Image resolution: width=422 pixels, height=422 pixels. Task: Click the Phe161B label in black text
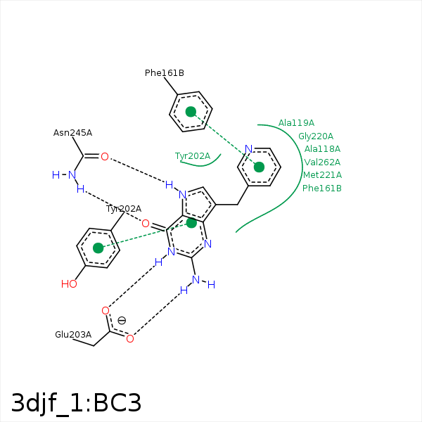[x=165, y=73]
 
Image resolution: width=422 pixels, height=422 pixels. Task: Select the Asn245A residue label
[x=72, y=133]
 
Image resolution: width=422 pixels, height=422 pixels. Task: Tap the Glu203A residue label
[x=73, y=335]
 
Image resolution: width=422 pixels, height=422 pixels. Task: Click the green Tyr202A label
[x=193, y=156]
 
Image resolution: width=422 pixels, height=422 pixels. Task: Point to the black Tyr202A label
[x=124, y=209]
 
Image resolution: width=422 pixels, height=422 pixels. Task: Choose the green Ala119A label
[x=296, y=123]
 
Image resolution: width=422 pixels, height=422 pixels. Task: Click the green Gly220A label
[x=316, y=136]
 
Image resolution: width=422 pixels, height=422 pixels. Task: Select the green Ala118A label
[x=322, y=149]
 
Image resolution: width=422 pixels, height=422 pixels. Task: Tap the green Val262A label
[x=322, y=162]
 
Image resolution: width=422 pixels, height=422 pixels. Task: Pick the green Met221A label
[x=322, y=175]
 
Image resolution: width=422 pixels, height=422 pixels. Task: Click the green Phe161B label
[x=322, y=188]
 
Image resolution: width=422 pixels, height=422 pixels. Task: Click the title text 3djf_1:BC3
[x=76, y=403]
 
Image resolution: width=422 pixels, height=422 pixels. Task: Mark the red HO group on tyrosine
[x=69, y=284]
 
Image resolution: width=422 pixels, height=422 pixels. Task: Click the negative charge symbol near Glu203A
[x=122, y=321]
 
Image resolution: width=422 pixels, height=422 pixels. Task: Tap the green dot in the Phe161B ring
[x=191, y=112]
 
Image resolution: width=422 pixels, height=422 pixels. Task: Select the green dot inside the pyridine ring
[x=259, y=167]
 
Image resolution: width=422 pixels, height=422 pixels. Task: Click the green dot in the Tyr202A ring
[x=98, y=248]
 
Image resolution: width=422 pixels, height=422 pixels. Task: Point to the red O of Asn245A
[x=104, y=157]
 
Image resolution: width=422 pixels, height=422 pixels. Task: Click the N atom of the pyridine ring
[x=248, y=149]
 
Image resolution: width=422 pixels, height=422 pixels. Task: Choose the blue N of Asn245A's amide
[x=71, y=174]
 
